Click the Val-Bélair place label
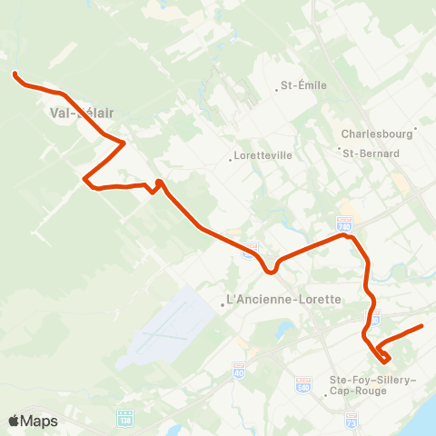pos(81,114)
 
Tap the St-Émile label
pos(303,86)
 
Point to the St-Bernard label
pos(371,154)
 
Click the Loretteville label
pos(263,155)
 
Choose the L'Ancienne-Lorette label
pos(282,300)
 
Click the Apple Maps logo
pos(33,421)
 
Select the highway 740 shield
pos(344,221)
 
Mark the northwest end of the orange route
pos(15,74)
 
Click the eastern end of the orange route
pos(422,326)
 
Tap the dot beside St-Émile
pos(277,89)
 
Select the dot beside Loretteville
pos(231,160)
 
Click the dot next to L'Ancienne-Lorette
pos(223,305)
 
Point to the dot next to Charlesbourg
pos(415,128)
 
